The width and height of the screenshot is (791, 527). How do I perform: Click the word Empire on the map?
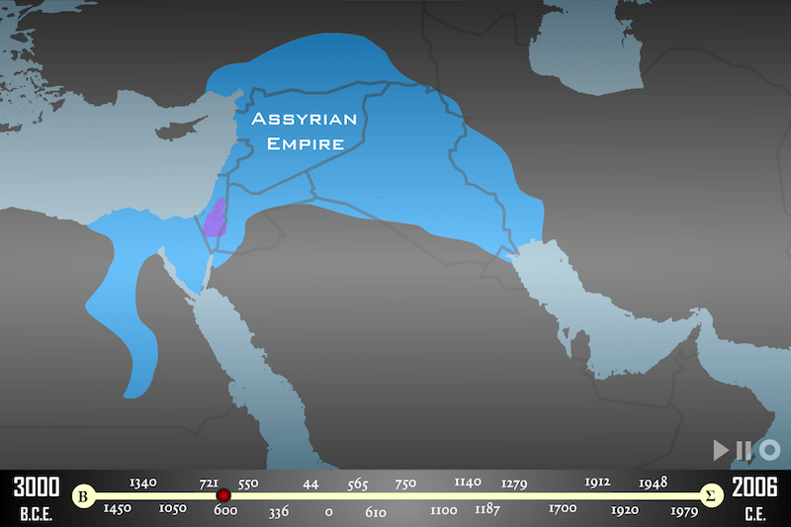pyautogui.click(x=297, y=144)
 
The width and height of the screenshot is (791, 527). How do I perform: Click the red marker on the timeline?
pyautogui.click(x=223, y=495)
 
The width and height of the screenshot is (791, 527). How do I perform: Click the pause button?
pyautogui.click(x=742, y=450)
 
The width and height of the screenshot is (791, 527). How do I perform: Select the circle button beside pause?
pyautogui.click(x=770, y=450)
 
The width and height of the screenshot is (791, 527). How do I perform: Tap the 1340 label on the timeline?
pyautogui.click(x=143, y=483)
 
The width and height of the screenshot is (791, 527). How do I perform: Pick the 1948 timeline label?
pyautogui.click(x=653, y=483)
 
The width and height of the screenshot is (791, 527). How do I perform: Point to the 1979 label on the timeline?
pyautogui.click(x=683, y=510)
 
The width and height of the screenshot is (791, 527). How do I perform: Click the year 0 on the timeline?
pyautogui.click(x=328, y=513)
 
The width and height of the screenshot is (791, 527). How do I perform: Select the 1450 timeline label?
pyautogui.click(x=118, y=509)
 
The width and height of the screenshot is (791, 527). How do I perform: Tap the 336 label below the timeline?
pyautogui.click(x=279, y=513)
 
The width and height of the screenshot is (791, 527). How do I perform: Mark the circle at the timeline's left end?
pyautogui.click(x=85, y=495)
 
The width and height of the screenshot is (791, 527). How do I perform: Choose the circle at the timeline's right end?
pyautogui.click(x=709, y=495)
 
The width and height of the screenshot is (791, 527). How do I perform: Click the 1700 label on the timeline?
pyautogui.click(x=564, y=509)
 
